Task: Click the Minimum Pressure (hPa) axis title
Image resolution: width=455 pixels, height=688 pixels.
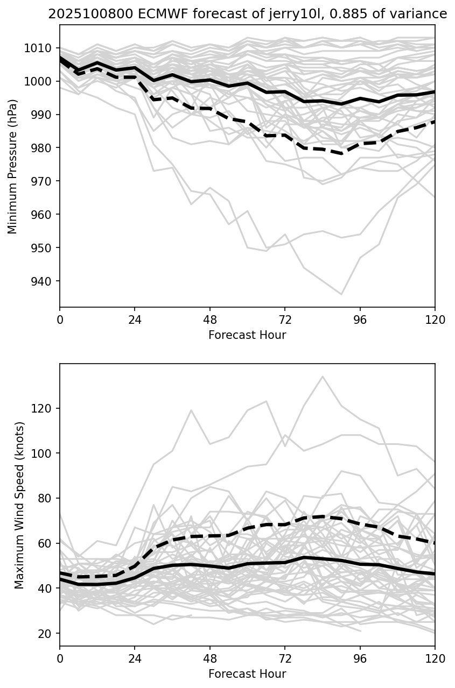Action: [13, 166]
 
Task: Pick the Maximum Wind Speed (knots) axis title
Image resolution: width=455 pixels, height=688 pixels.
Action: [19, 505]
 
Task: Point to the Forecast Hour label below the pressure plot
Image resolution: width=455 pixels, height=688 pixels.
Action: [247, 335]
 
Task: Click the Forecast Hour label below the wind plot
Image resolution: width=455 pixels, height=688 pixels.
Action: [247, 673]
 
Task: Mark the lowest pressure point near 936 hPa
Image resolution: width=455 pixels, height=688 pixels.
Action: [341, 294]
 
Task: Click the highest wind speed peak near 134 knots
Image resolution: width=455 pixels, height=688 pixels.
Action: [323, 377]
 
